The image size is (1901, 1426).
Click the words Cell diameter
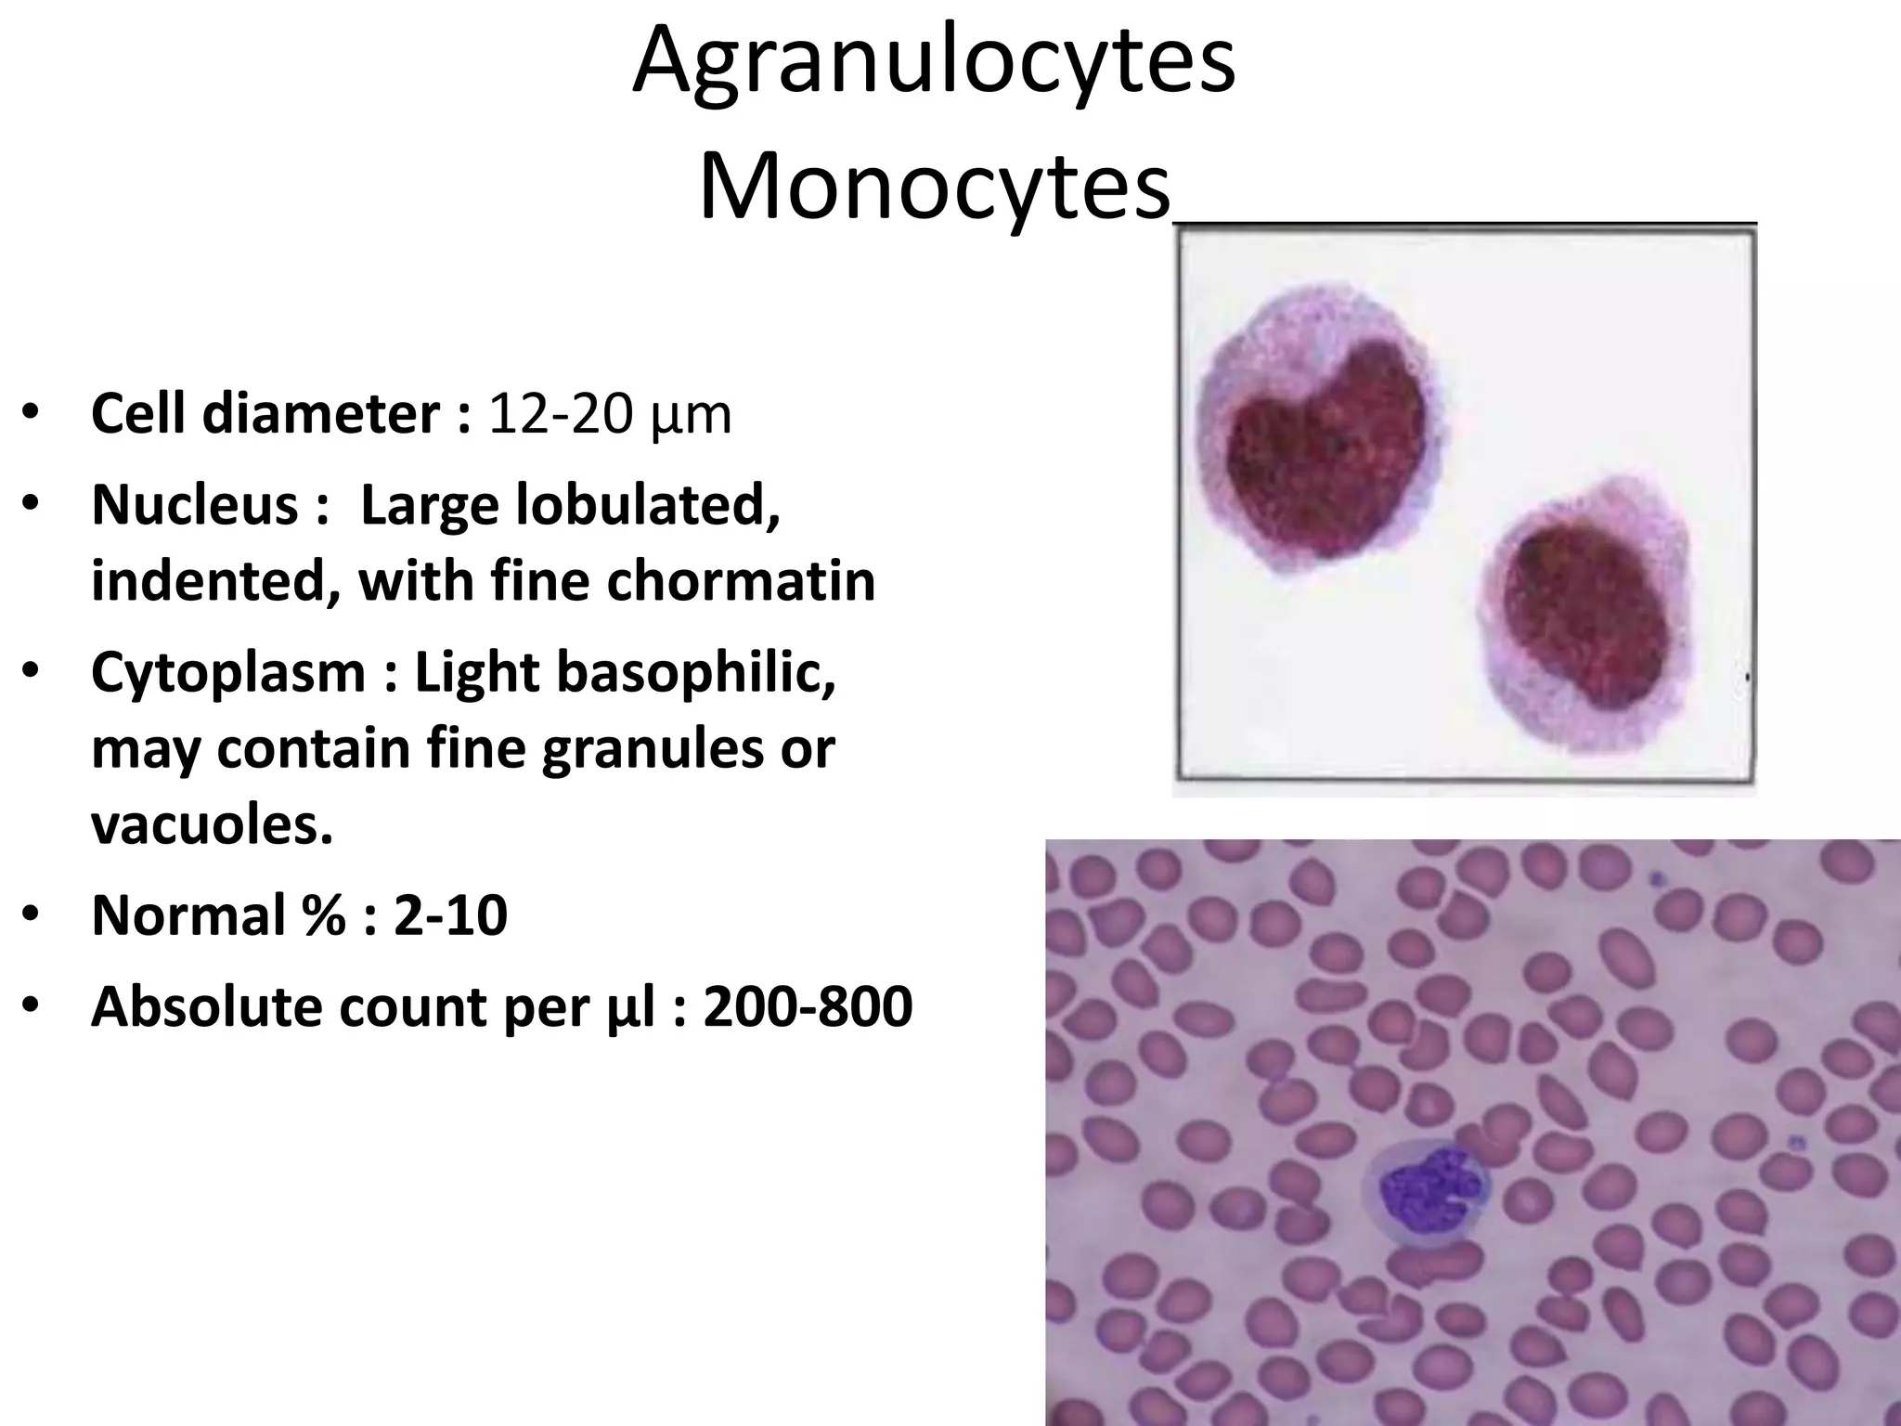click(x=265, y=414)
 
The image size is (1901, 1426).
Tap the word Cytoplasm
click(x=228, y=672)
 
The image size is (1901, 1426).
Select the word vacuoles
click(x=212, y=823)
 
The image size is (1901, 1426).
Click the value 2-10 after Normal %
click(x=450, y=914)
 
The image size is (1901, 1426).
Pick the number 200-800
click(x=808, y=1006)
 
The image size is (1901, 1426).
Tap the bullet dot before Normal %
click(x=31, y=914)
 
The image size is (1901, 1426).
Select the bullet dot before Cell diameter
click(x=31, y=414)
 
